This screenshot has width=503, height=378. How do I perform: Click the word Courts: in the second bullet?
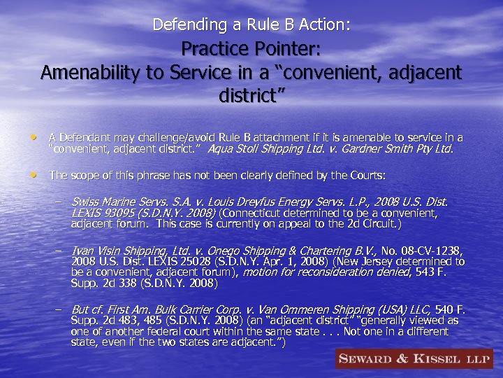tap(366, 175)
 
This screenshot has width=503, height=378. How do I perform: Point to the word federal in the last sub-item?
tap(154, 332)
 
